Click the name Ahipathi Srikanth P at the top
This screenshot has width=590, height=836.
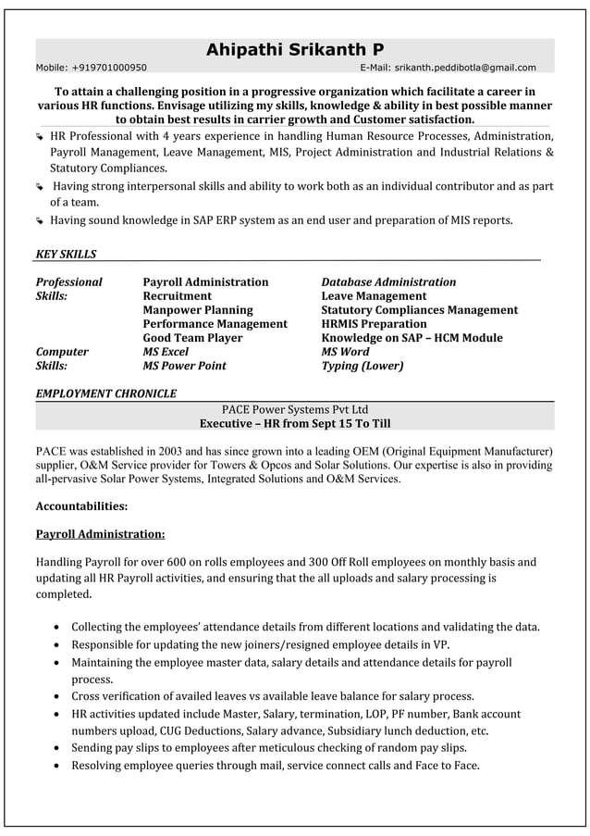[294, 49]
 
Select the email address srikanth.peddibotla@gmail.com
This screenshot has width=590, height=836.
[465, 68]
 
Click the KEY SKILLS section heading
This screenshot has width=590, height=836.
[66, 255]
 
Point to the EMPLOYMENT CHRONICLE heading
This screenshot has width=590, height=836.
[105, 393]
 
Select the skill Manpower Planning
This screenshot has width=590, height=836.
[197, 310]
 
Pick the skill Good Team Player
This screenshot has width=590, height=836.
[192, 338]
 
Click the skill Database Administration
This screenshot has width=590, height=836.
[388, 282]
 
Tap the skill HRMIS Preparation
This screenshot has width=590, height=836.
[374, 324]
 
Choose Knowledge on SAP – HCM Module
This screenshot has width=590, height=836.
[412, 338]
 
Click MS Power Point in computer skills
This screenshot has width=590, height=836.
[184, 366]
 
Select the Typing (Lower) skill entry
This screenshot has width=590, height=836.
[362, 366]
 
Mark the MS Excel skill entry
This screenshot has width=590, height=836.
[166, 352]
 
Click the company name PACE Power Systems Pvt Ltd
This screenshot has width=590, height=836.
[295, 409]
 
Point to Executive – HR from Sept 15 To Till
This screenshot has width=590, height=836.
[295, 423]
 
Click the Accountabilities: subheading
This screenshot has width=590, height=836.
[81, 506]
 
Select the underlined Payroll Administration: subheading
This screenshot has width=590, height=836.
[100, 534]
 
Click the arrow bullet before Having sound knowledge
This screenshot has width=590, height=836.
[40, 221]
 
